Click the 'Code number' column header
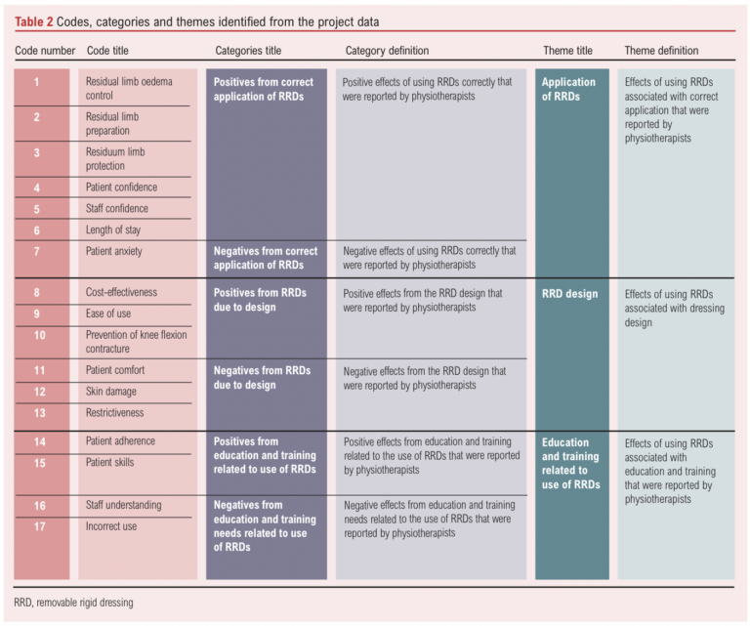pos(45,51)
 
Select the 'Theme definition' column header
pos(661,51)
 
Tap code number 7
pos(37,252)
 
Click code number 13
pos(39,413)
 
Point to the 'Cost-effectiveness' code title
pos(121,293)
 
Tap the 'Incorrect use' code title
pos(112,526)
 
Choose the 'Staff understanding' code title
pos(124,505)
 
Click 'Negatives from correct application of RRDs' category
pos(266,258)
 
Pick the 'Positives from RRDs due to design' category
pos(260,300)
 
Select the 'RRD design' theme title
pos(569,293)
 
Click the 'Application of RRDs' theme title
pos(568,90)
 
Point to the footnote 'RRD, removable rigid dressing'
pos(74,603)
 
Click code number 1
pos(37,82)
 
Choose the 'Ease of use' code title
pos(108,314)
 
